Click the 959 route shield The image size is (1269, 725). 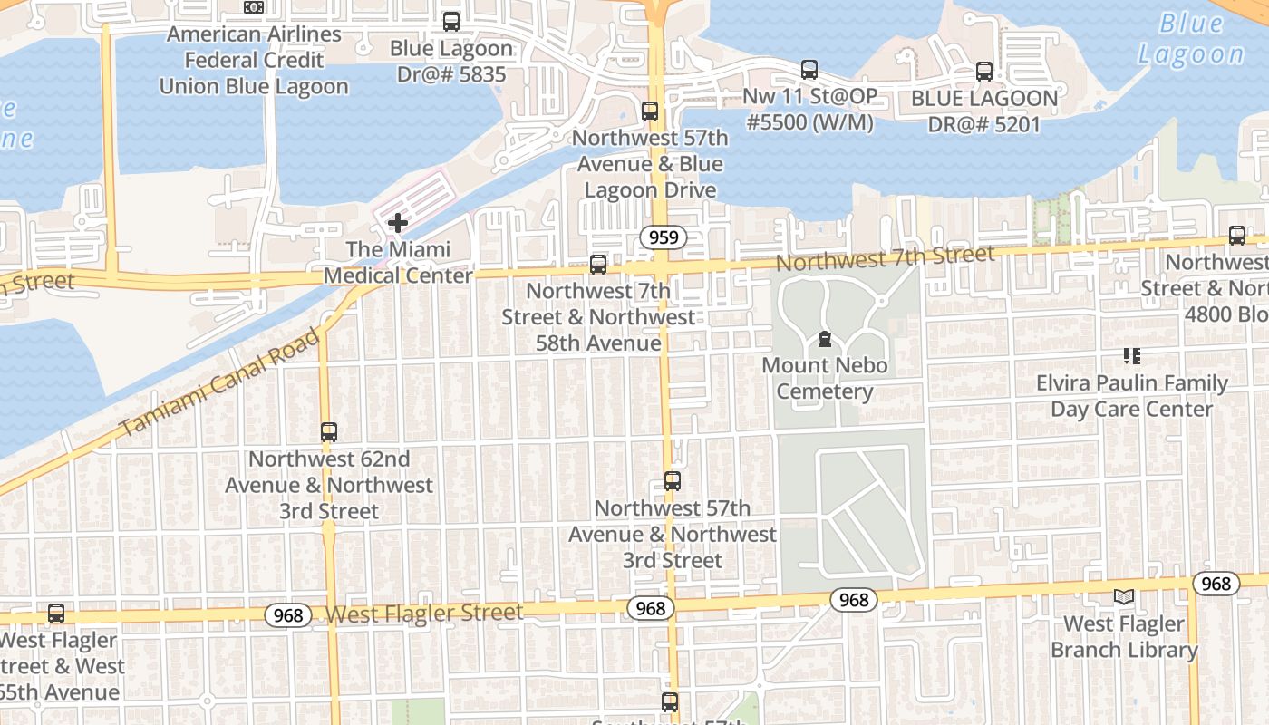click(x=664, y=238)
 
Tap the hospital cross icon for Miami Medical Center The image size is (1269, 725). click(x=397, y=222)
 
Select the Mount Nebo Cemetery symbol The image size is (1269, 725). click(x=824, y=340)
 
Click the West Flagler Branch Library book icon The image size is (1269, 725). click(x=1124, y=596)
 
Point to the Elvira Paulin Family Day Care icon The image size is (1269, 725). click(x=1131, y=356)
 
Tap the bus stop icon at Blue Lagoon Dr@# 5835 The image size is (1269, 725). click(x=450, y=21)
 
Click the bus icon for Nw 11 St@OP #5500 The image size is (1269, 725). click(x=809, y=69)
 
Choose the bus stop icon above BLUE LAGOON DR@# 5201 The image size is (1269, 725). click(x=984, y=71)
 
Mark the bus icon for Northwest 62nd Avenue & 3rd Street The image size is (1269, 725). click(x=329, y=432)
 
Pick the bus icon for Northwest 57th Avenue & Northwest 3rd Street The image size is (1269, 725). click(x=672, y=481)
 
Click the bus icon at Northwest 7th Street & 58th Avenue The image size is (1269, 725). click(x=598, y=264)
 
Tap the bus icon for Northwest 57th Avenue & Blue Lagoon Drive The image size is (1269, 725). click(x=650, y=111)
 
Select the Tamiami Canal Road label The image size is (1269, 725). click(x=220, y=382)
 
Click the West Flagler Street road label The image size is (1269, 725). click(x=424, y=614)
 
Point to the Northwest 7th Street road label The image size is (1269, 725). click(x=886, y=258)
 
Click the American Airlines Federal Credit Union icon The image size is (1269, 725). click(x=254, y=7)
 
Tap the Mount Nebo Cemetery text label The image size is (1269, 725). click(x=824, y=379)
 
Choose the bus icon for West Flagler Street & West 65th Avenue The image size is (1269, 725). click(x=56, y=614)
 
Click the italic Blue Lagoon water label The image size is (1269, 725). click(x=1191, y=39)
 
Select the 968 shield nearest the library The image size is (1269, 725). click(x=1216, y=584)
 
